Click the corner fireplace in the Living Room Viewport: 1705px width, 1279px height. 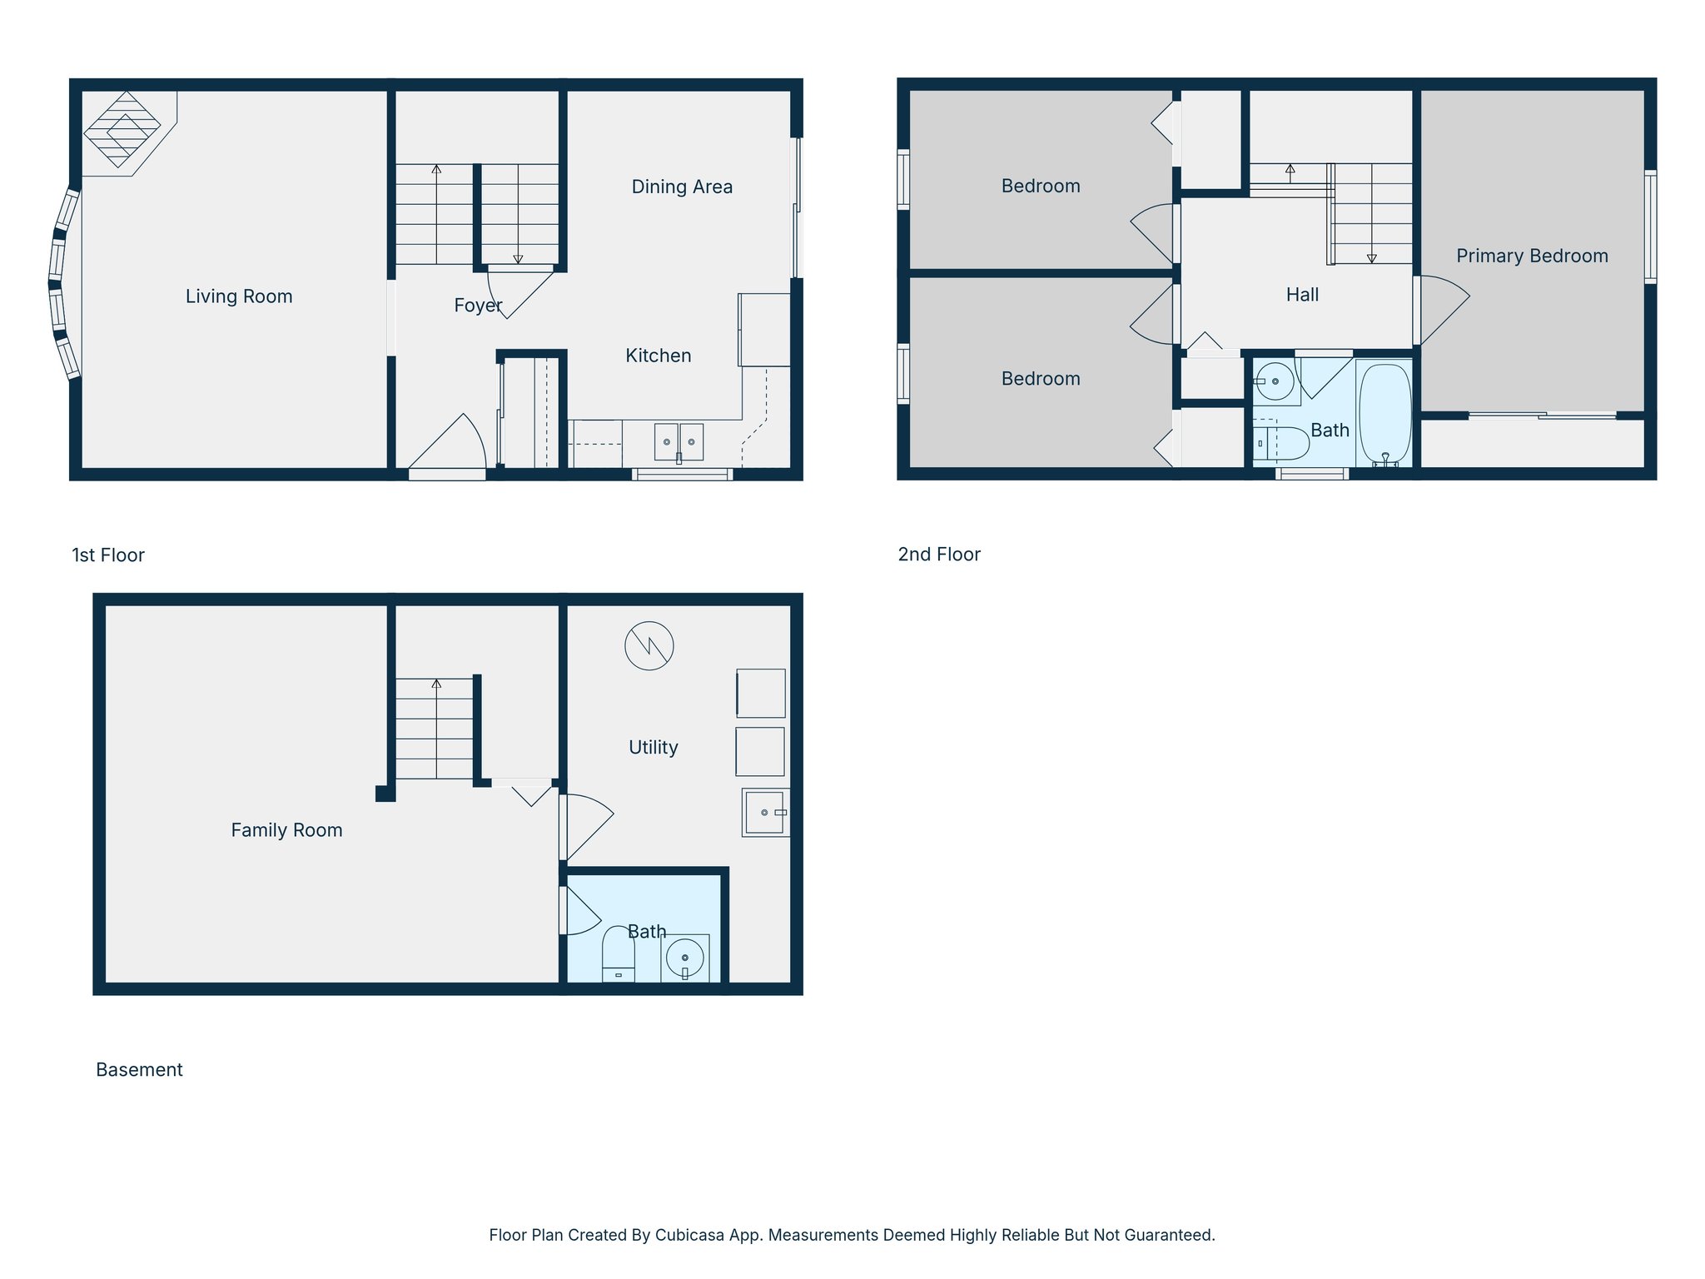click(x=122, y=128)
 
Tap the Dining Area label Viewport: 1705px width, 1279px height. click(x=682, y=187)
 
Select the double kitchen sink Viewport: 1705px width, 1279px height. click(x=679, y=441)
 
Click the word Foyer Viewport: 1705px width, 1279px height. click(x=478, y=306)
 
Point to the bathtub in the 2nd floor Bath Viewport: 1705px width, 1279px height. click(x=1384, y=414)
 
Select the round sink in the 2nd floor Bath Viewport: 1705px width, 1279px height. click(x=1275, y=381)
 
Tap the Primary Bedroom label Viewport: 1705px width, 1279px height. click(x=1532, y=256)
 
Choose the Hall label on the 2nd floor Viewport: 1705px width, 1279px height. click(x=1302, y=295)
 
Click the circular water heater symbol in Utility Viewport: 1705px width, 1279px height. click(x=649, y=646)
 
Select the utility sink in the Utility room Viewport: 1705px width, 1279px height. click(x=764, y=812)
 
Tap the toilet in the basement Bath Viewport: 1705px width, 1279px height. click(x=619, y=954)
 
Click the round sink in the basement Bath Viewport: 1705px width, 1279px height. click(x=685, y=958)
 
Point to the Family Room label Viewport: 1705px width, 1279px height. click(x=286, y=830)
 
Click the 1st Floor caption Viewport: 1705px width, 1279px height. click(x=108, y=555)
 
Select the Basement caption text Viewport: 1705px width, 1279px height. click(x=139, y=1070)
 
